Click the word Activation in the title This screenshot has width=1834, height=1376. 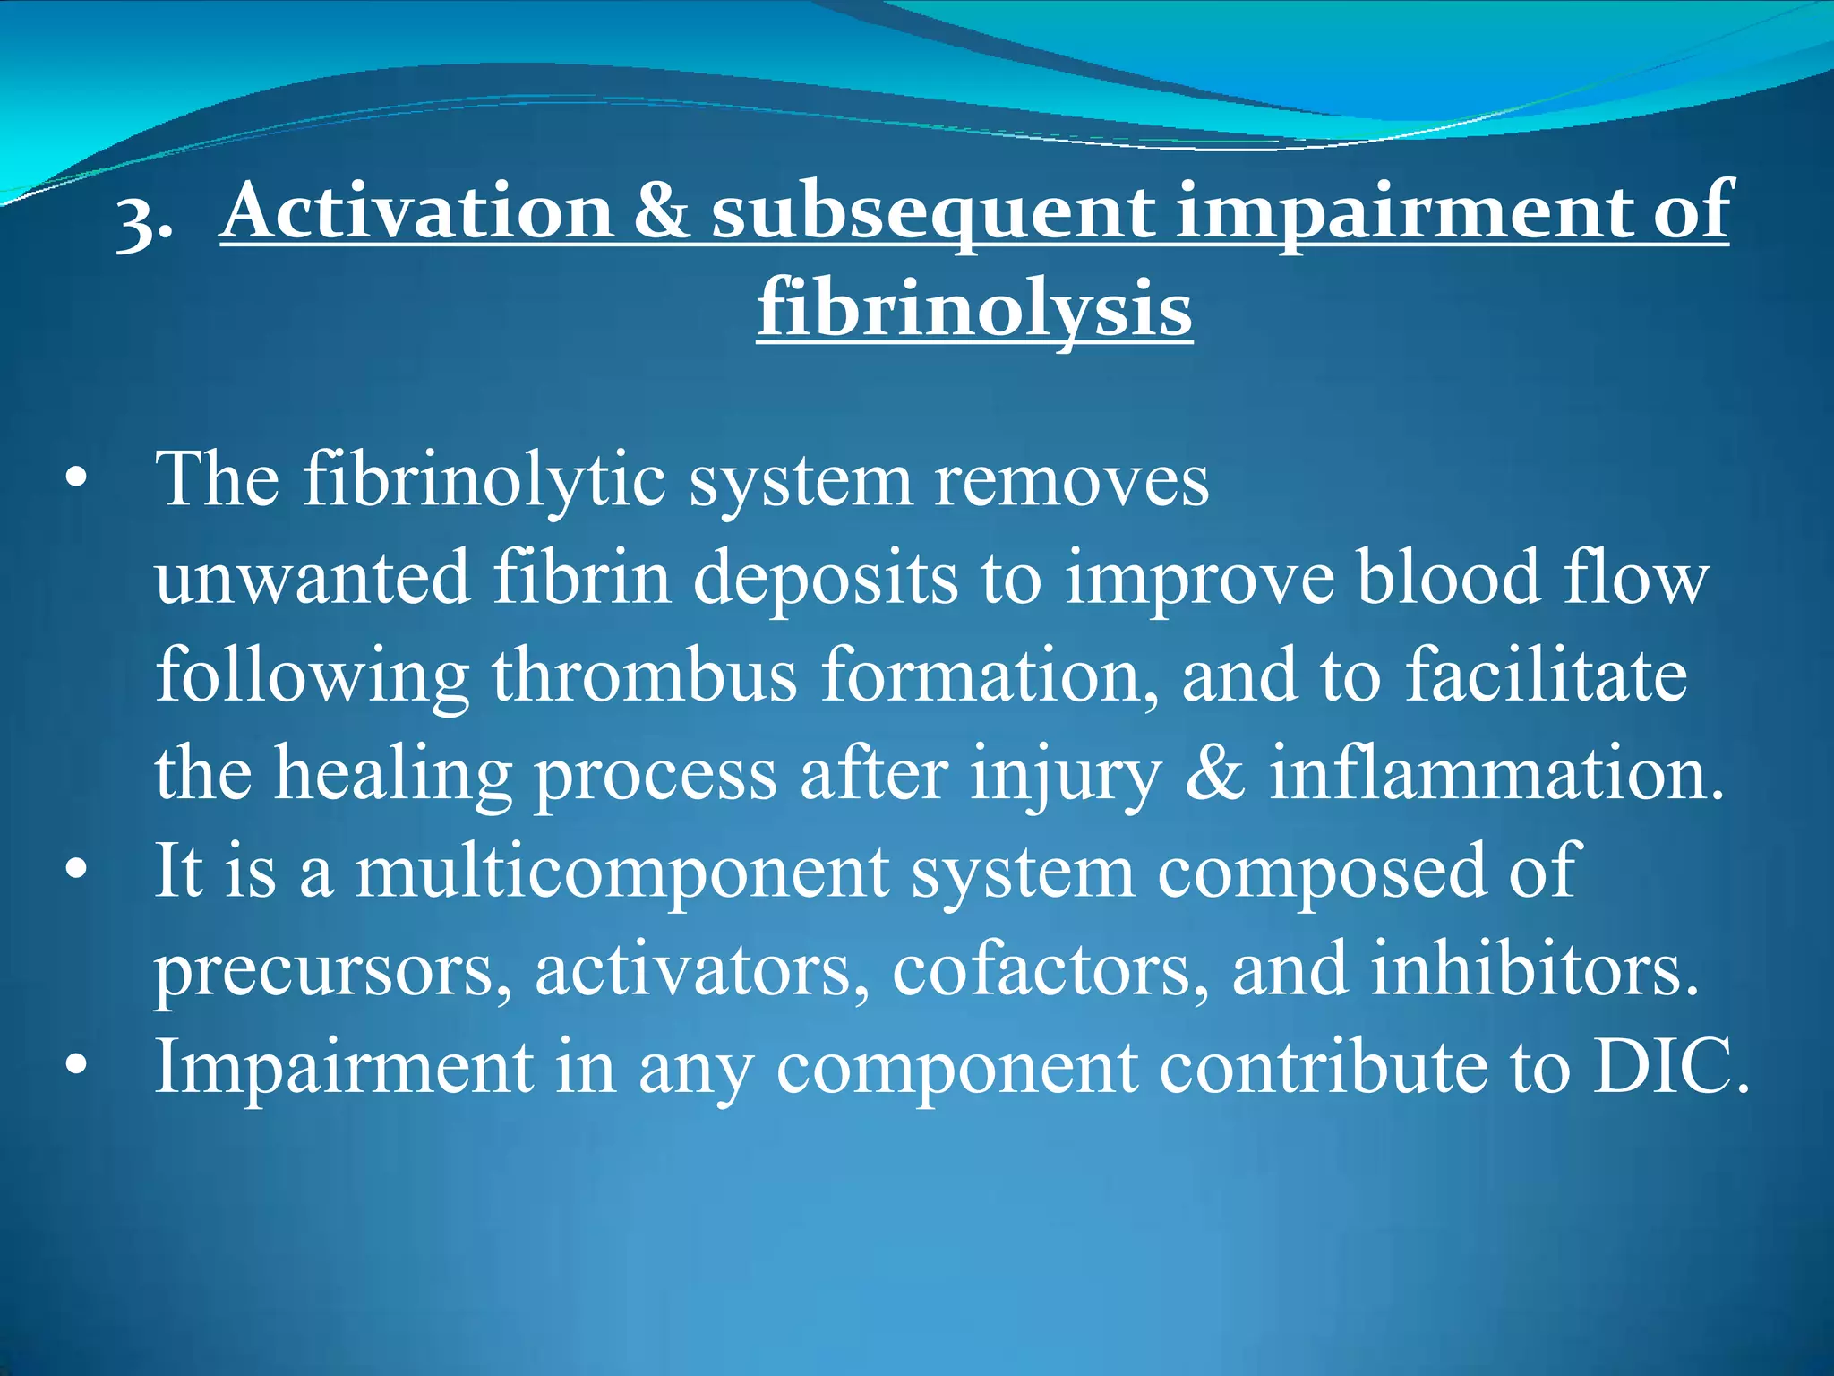[417, 211]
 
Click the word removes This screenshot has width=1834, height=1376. [1071, 481]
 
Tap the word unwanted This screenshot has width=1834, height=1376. [313, 578]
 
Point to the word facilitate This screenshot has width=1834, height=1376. [1546, 676]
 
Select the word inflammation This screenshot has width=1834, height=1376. [1495, 773]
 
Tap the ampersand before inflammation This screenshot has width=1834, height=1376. [1214, 773]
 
